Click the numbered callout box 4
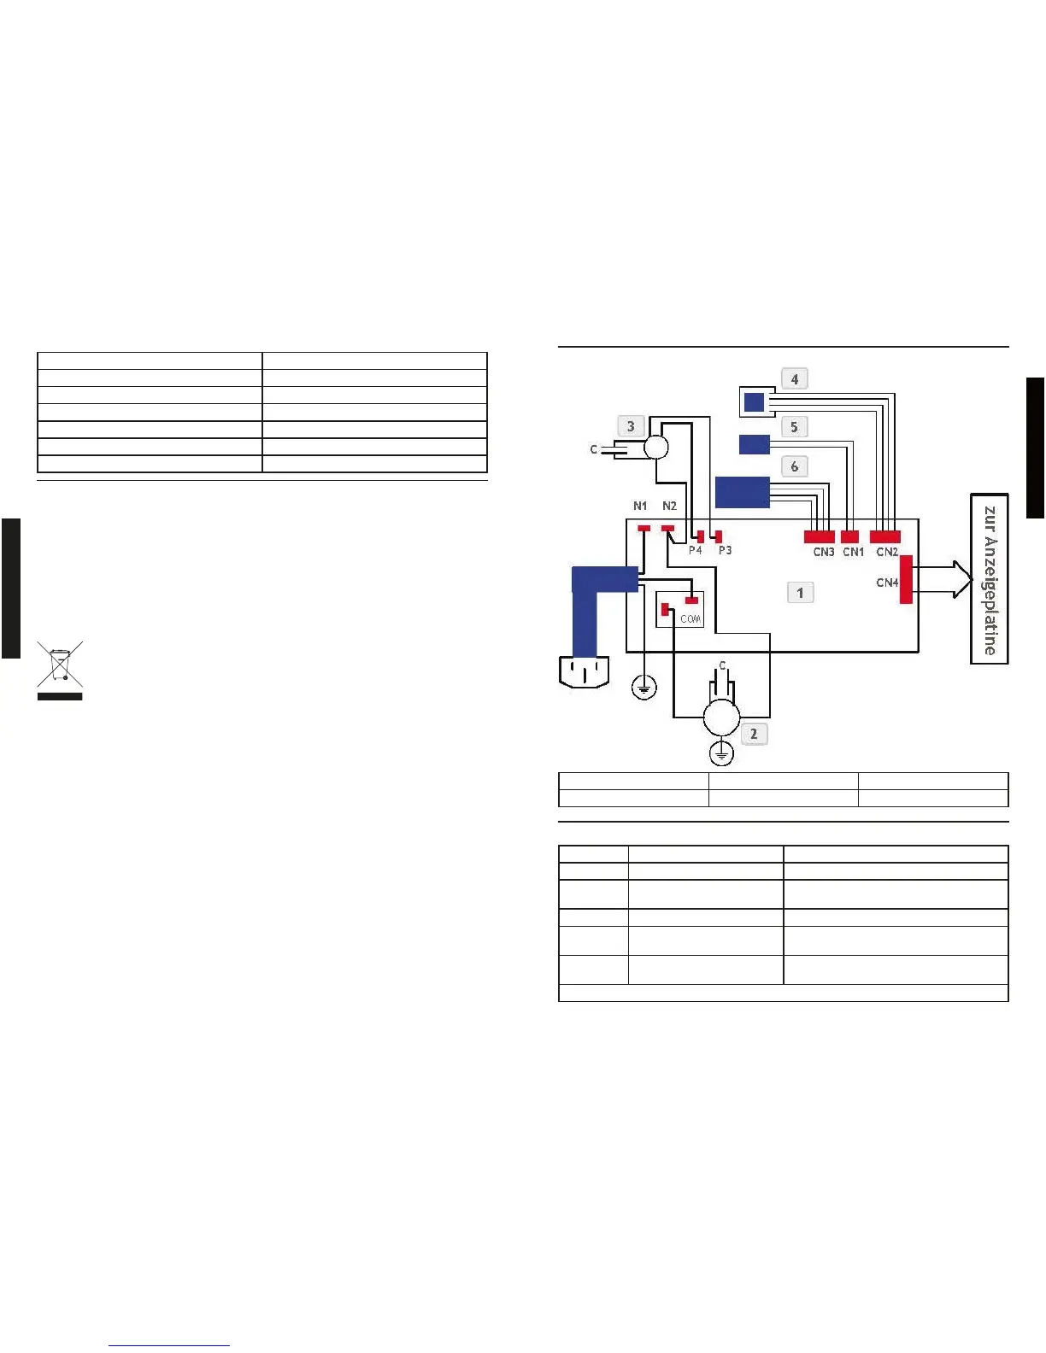(795, 378)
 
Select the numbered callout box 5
(794, 426)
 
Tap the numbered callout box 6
(795, 466)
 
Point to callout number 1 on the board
(800, 592)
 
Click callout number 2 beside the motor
(753, 734)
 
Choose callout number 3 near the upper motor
(631, 425)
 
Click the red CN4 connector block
(906, 579)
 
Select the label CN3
(824, 552)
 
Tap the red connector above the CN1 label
(849, 537)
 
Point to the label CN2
(887, 552)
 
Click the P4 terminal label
(696, 550)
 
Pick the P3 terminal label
(725, 550)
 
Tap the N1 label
(640, 506)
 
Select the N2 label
(669, 506)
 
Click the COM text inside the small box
(690, 619)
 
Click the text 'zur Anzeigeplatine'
(990, 580)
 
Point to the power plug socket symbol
(584, 671)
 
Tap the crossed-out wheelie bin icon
(60, 665)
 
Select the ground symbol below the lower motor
(722, 753)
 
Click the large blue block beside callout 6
(742, 493)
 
